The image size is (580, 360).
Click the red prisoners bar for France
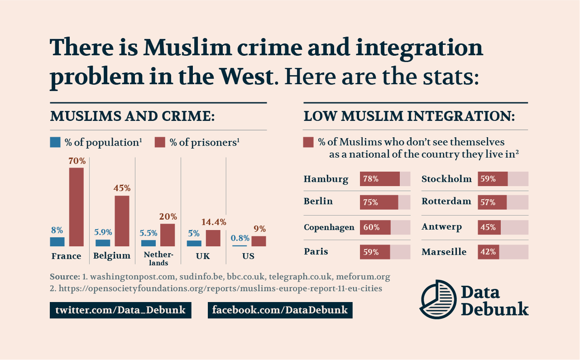[76, 207]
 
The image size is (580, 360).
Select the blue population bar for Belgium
[103, 243]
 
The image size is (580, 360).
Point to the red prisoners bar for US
[259, 241]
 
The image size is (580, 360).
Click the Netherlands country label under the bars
[155, 259]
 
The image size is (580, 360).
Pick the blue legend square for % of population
[55, 143]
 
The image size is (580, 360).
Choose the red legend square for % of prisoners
[159, 143]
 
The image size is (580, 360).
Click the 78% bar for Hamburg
[380, 179]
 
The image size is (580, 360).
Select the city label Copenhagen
[329, 227]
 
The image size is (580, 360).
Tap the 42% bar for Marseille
[488, 252]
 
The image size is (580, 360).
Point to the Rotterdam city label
[446, 202]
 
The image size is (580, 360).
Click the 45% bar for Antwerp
[489, 227]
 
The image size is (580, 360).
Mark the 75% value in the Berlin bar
[371, 202]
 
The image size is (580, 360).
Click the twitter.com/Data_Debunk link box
[120, 310]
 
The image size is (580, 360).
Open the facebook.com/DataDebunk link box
[280, 310]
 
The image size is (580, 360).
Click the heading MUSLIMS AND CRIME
[132, 116]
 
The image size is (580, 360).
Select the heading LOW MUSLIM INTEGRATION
[408, 116]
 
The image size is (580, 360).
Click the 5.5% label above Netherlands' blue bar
[148, 232]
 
